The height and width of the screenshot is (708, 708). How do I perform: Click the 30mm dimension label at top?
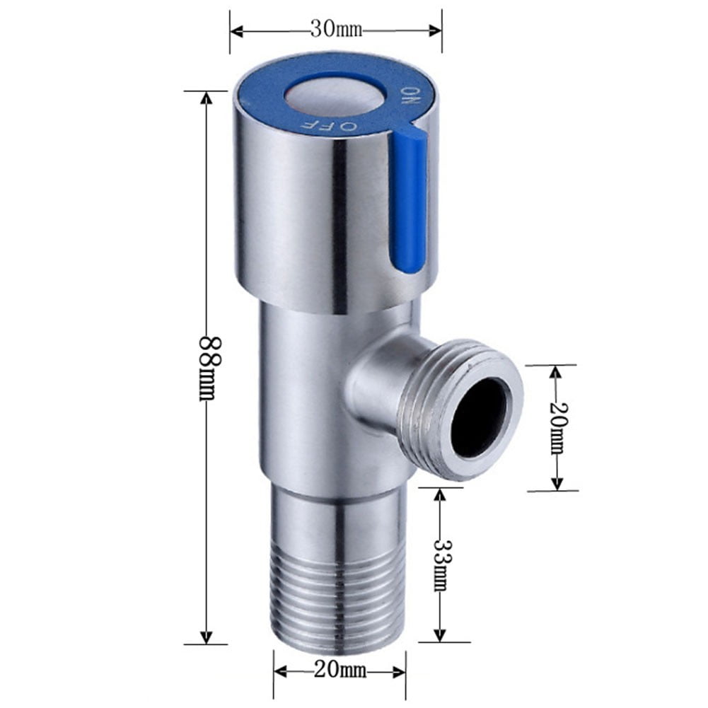pos(336,30)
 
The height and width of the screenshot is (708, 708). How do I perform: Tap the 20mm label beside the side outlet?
pos(557,427)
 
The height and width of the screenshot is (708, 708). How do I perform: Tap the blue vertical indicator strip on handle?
pos(410,202)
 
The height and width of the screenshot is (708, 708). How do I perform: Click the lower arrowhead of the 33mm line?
pos(440,636)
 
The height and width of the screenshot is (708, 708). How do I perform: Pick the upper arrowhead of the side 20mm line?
pos(557,371)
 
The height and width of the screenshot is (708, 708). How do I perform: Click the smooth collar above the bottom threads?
pos(339,521)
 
